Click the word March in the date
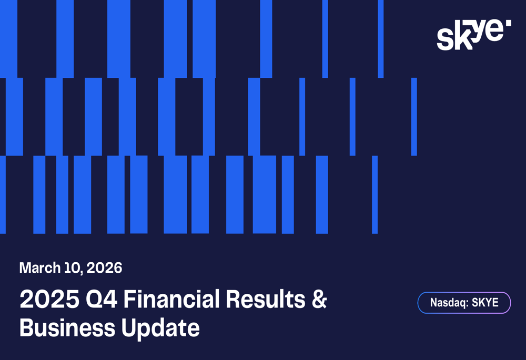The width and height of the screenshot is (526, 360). [x=40, y=268]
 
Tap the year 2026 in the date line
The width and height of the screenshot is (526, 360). [x=104, y=268]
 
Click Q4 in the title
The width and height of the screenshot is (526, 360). [x=95, y=300]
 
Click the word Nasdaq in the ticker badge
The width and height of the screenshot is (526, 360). [x=447, y=303]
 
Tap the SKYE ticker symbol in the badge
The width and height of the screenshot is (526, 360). [x=485, y=303]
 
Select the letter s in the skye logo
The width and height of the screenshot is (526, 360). [x=445, y=40]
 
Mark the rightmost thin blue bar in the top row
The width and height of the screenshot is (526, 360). [x=381, y=39]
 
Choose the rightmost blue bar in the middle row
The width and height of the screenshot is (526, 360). [x=414, y=117]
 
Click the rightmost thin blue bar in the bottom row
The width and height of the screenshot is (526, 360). [x=375, y=194]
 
